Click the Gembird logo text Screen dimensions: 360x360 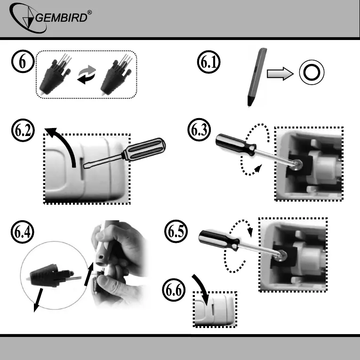[62, 17]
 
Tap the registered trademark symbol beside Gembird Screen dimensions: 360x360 [89, 12]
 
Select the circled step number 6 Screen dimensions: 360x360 [23, 61]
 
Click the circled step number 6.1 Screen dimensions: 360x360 [208, 62]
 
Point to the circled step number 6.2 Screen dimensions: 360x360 [23, 130]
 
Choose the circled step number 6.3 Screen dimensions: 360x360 [199, 130]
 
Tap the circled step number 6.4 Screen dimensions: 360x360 [22, 232]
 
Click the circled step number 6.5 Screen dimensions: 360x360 [176, 231]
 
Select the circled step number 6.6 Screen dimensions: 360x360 [174, 290]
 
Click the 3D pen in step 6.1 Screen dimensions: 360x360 [256, 76]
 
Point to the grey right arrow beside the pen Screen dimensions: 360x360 [280, 74]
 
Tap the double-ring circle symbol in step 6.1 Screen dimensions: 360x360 [312, 72]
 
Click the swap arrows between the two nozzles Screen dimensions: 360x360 [87, 74]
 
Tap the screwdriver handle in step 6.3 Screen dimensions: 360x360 [236, 144]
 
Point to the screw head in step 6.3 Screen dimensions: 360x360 [297, 165]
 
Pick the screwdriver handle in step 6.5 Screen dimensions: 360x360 [219, 240]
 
